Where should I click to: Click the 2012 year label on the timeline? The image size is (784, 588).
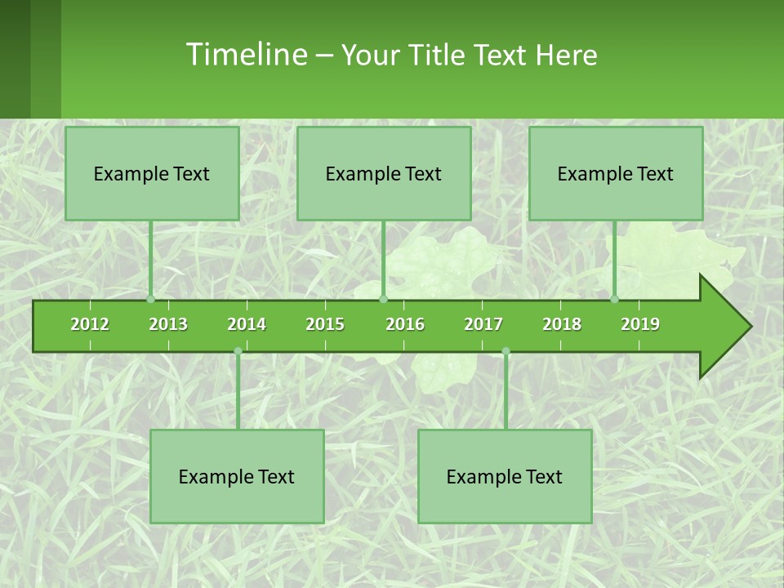pos(90,324)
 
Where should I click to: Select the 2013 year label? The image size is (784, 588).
pos(168,324)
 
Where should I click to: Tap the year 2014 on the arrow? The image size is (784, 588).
pos(247,324)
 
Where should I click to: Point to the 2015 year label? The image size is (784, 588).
pos(325,324)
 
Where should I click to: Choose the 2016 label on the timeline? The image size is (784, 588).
pos(405,324)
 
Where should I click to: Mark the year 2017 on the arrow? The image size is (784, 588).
pos(483,324)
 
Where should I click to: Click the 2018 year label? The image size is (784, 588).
pos(562,324)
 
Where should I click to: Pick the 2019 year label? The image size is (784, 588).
pos(640,324)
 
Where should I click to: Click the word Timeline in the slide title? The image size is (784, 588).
pos(245,55)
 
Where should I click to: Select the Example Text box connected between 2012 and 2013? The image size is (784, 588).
pos(152,173)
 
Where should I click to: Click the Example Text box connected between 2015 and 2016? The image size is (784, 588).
pos(384,173)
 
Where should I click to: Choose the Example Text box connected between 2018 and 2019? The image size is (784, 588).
pos(616,173)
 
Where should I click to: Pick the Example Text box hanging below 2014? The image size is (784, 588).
pos(237,476)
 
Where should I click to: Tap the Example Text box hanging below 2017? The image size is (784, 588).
pos(505,476)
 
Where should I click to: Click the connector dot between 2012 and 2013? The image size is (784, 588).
pos(150,300)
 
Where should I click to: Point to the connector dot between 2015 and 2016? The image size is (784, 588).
pos(383,300)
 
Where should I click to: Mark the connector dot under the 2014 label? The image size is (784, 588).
pos(238,351)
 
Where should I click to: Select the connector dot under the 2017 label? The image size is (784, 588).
pos(506,351)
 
